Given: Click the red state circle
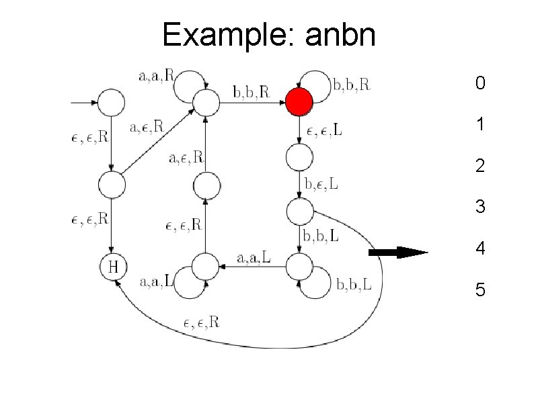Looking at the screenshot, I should [x=299, y=103].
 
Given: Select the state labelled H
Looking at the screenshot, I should [x=113, y=267].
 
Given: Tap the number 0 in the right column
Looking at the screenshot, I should [x=479, y=84].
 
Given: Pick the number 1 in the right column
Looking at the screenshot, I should [x=479, y=125].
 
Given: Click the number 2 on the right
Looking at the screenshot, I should [x=479, y=166].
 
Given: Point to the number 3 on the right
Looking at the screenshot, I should [x=479, y=207].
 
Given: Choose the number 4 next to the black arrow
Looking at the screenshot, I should [x=479, y=249].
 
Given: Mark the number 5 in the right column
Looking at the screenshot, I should [x=479, y=290].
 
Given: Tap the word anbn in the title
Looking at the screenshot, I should [x=340, y=35].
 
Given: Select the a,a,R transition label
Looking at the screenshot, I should [x=155, y=76].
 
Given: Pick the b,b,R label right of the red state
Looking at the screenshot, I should [x=352, y=85].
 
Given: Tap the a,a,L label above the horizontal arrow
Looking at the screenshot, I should [x=254, y=257].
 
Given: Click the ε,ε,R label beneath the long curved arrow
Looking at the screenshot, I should [x=201, y=322].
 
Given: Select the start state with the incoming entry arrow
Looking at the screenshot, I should [x=112, y=103].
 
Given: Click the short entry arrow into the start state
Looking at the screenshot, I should [x=83, y=103].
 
